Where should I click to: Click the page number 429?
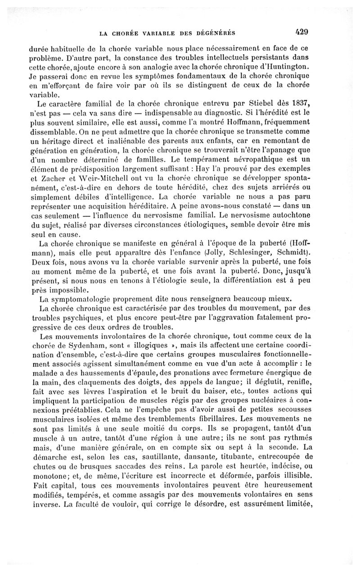[x=301, y=32]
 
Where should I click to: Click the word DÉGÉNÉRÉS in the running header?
[x=214, y=32]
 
